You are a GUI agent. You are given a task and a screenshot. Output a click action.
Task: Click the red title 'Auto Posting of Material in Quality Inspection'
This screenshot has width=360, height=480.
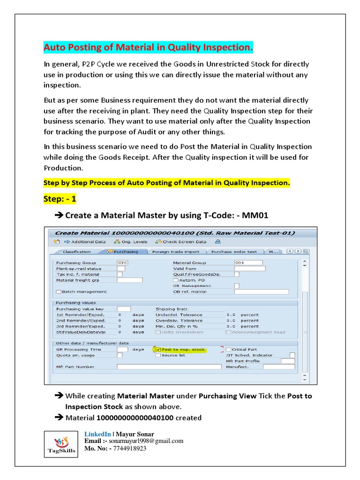(148, 48)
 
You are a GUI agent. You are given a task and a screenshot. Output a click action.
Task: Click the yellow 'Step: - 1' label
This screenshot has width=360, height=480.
(60, 199)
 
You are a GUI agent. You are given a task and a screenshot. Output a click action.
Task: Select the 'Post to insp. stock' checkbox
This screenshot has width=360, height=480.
(158, 349)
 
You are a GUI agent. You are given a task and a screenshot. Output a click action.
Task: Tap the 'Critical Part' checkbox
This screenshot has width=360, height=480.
(228, 349)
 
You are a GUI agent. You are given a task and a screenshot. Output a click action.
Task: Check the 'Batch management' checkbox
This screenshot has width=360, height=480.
(59, 292)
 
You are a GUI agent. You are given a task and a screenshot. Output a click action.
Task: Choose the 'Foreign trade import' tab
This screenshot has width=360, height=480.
(176, 252)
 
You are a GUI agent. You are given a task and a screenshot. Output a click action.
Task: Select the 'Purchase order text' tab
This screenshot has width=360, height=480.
(234, 252)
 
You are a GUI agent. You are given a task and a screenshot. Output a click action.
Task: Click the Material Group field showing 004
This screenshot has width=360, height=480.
(248, 262)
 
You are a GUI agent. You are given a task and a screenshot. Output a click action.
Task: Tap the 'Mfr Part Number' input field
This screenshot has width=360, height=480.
(169, 367)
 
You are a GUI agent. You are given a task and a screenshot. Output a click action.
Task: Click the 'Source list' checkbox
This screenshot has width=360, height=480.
(158, 355)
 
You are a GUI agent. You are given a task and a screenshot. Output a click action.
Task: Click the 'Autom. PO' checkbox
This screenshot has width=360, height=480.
(175, 280)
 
